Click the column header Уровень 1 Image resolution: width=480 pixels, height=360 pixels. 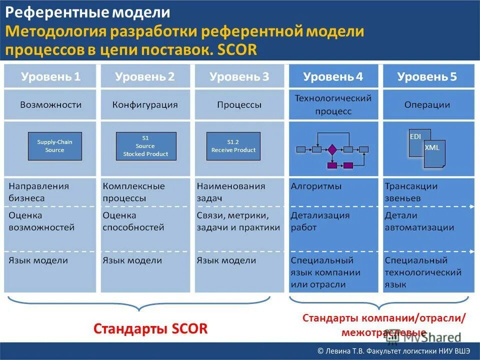50,76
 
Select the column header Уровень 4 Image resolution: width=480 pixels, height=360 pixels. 333,76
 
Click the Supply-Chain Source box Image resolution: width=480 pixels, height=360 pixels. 54,146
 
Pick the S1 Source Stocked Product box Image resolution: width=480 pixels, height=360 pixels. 146,146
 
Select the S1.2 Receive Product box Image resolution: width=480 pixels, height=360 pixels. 233,146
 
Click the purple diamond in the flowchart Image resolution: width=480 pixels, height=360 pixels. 332,149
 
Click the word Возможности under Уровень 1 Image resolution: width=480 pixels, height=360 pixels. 50,105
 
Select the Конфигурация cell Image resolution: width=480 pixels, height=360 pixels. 145,105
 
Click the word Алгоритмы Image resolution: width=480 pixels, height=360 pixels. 316,186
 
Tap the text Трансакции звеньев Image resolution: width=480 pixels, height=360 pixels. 411,192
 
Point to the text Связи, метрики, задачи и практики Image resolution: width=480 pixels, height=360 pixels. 238,221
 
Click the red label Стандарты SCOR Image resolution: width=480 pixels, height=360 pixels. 150,328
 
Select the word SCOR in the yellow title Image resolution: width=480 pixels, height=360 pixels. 237,50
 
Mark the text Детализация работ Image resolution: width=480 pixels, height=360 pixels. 320,221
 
